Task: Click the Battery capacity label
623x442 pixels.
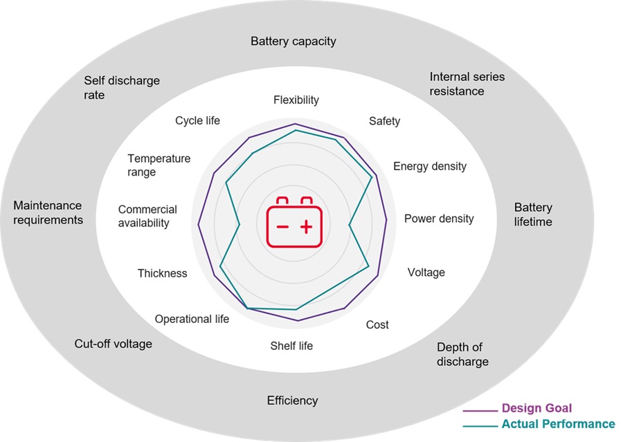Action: click(x=293, y=42)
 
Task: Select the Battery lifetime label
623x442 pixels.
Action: click(x=533, y=214)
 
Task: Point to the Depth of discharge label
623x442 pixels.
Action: click(x=462, y=354)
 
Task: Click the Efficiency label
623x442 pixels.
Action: click(x=292, y=400)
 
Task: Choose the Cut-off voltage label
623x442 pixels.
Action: click(x=113, y=344)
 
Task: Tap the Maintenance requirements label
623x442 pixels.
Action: click(x=48, y=213)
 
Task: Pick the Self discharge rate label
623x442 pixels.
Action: click(x=122, y=88)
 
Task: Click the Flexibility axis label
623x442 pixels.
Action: click(x=296, y=100)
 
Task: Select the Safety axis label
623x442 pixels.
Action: click(x=384, y=121)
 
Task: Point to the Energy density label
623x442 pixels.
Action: click(x=429, y=166)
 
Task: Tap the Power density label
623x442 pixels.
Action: click(x=439, y=219)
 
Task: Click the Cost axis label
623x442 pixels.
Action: click(x=377, y=324)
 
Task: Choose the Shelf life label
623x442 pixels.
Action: click(x=291, y=345)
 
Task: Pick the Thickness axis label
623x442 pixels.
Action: click(x=162, y=273)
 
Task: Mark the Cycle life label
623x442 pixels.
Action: click(x=197, y=121)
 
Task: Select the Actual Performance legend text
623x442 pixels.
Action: click(x=558, y=424)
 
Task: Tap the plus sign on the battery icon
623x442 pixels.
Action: click(x=306, y=227)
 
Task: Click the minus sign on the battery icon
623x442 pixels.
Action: click(x=282, y=227)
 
